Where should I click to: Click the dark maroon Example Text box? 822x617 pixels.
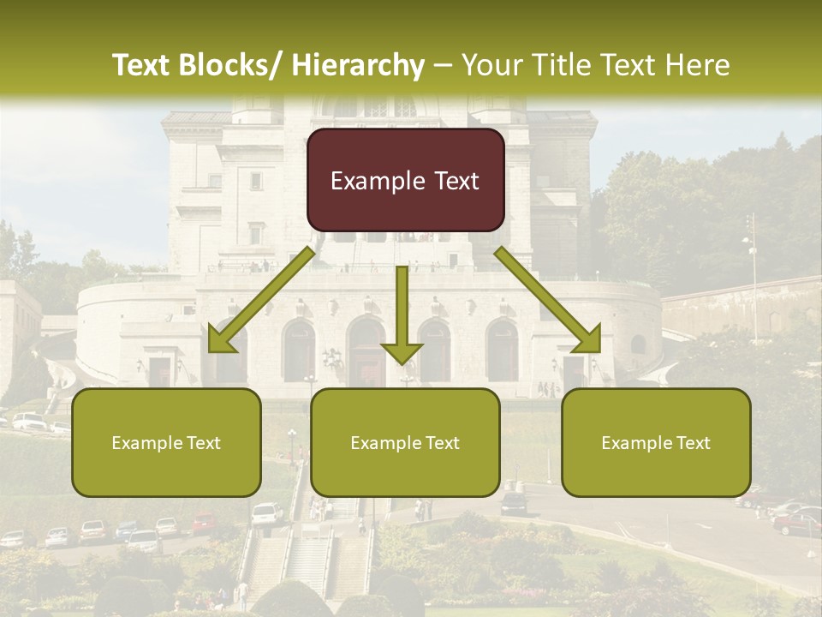[x=405, y=180]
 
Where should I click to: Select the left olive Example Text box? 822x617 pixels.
[x=166, y=442]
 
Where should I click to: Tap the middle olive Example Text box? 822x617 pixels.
[x=405, y=442]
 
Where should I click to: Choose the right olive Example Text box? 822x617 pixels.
[x=656, y=442]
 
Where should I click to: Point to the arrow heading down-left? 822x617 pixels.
[x=261, y=300]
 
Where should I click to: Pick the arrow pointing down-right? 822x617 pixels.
[x=548, y=300]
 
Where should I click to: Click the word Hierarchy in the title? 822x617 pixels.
[x=358, y=65]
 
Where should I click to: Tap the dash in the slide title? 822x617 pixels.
[x=443, y=65]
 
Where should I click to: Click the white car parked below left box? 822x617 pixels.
[x=266, y=512]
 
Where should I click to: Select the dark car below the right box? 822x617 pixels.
[x=515, y=503]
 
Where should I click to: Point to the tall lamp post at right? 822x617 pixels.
[x=753, y=274]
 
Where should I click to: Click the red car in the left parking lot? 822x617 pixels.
[x=204, y=522]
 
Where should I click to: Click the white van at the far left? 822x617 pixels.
[x=28, y=420]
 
